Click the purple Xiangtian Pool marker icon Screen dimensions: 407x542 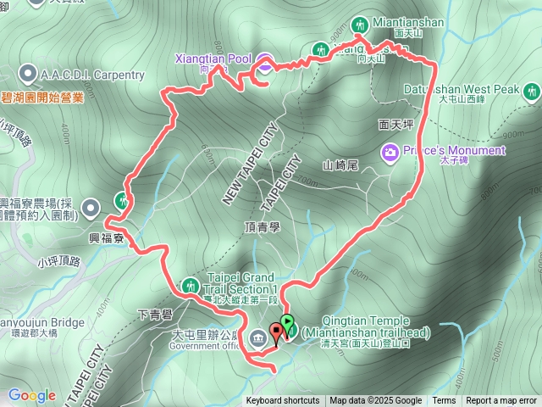[x=264, y=60]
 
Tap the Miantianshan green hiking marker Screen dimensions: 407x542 [x=359, y=24]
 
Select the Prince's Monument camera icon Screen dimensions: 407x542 [x=390, y=152]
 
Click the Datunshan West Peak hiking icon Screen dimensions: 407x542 [x=531, y=89]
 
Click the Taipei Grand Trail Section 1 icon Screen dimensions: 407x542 [x=191, y=283]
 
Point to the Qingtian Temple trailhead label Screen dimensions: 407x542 [x=366, y=326]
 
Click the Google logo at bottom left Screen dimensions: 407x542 [x=31, y=395]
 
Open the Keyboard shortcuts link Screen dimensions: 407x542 [x=283, y=401]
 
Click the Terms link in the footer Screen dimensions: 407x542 [x=444, y=401]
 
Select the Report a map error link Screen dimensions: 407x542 [x=501, y=401]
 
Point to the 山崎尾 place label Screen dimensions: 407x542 [x=341, y=164]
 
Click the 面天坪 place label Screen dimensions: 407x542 [x=395, y=125]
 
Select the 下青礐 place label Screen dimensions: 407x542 [x=155, y=314]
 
